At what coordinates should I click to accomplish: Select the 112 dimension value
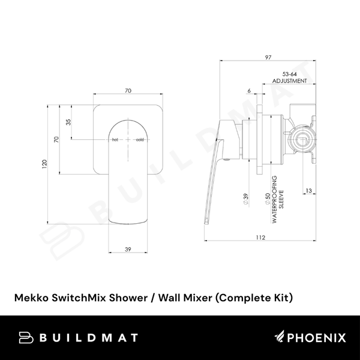[260, 238]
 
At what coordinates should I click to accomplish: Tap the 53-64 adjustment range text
[289, 72]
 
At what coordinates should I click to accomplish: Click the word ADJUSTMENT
[289, 80]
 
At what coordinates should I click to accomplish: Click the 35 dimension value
[69, 122]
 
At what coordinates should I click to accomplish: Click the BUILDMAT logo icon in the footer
[25, 338]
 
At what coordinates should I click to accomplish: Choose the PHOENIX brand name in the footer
[313, 338]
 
